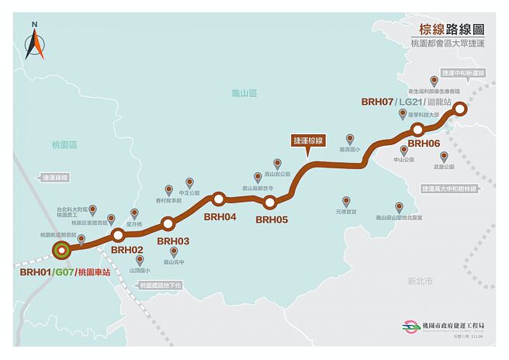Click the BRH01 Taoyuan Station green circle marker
61,250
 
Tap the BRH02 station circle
118,235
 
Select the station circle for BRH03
168,224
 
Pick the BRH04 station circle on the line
219,199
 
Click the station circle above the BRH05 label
270,203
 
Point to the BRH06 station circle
417,130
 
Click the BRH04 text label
220,216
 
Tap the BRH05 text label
272,220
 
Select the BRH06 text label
424,144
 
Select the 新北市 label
420,281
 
